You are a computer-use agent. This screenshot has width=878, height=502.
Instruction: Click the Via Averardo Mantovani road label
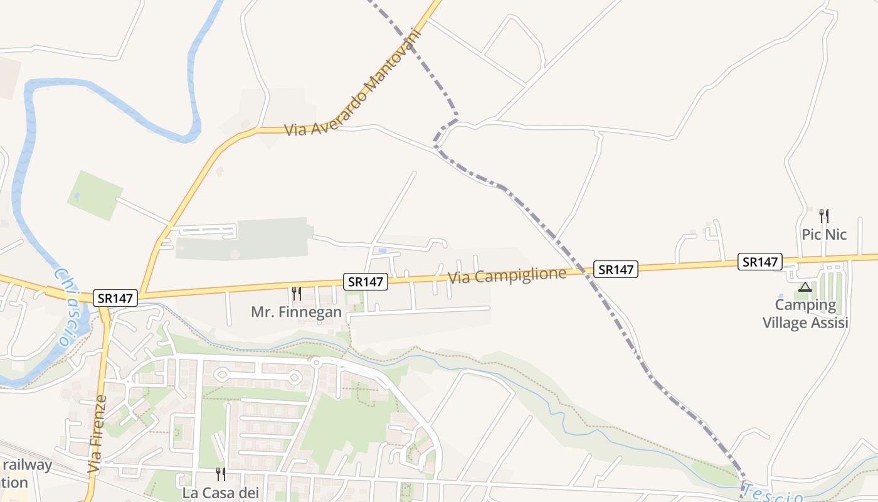pos(351,82)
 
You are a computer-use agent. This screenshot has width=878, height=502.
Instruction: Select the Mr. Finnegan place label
pos(296,312)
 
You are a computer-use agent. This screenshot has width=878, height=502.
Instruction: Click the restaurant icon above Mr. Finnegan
pos(296,293)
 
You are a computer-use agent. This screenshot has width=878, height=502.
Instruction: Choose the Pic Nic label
pos(824,235)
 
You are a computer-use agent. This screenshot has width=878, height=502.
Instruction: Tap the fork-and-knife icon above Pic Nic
pos(824,216)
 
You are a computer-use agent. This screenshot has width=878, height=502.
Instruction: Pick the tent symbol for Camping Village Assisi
pos(805,287)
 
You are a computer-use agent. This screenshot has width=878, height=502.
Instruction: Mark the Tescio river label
pos(771,494)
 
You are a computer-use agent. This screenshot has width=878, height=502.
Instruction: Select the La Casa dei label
pos(221,493)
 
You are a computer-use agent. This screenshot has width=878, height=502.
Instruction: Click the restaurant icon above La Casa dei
pos(221,474)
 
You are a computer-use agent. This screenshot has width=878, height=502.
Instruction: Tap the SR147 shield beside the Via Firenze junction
pos(115,298)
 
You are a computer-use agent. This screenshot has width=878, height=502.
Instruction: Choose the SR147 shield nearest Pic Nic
pos(759,262)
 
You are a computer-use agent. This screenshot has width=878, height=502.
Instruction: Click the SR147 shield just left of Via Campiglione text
pos(365,282)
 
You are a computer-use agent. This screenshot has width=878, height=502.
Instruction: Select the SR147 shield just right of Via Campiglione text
pos(616,269)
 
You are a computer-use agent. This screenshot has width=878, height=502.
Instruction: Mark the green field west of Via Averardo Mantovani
pos(94,195)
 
